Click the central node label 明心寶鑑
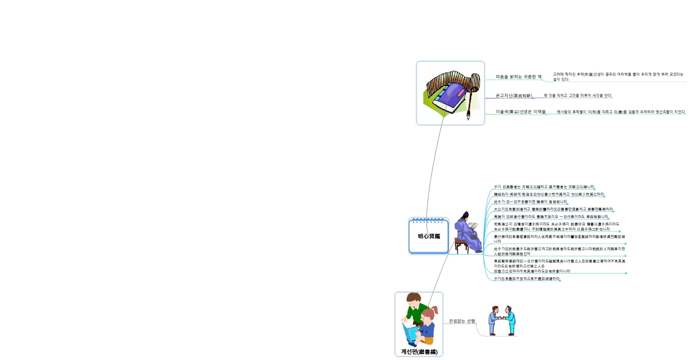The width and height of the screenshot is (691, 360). tap(429, 236)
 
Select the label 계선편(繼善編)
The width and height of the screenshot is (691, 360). tap(419, 352)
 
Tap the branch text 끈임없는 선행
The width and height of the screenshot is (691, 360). tap(462, 321)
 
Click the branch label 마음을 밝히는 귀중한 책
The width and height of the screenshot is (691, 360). tap(518, 77)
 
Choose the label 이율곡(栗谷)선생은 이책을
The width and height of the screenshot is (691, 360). tap(520, 112)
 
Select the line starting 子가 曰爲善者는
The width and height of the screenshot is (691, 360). tap(544, 187)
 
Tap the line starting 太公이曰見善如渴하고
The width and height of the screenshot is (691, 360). tap(553, 209)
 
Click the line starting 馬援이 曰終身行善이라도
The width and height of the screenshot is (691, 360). tap(551, 217)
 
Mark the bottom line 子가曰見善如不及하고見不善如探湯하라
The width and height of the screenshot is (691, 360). tap(527, 279)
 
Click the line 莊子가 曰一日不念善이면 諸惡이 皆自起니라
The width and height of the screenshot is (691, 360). tap(530, 202)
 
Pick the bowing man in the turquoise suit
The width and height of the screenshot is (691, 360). tap(511, 321)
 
